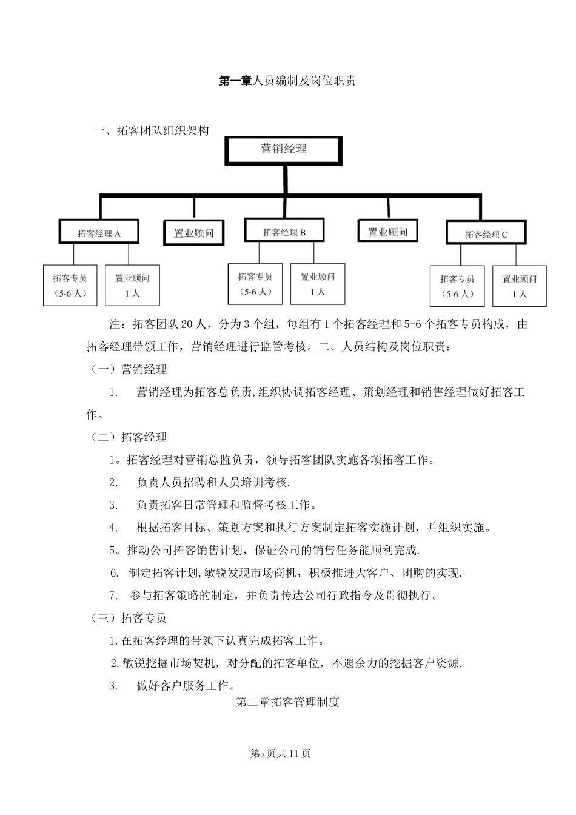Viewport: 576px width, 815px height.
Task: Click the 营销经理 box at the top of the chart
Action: point(284,150)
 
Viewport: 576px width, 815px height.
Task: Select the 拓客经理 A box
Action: point(99,232)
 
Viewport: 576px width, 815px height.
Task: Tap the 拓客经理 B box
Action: point(284,231)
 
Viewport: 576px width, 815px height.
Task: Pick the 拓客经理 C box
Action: point(486,233)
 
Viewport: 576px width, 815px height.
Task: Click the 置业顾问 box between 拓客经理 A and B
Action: point(193,233)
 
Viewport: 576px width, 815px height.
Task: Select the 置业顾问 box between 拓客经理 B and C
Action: point(387,232)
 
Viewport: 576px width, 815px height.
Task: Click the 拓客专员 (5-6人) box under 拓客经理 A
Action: point(70,285)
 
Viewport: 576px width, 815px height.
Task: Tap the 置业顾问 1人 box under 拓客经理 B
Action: point(318,284)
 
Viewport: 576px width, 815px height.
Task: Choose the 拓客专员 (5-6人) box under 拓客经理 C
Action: point(457,286)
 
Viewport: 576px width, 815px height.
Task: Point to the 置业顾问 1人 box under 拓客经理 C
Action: point(519,286)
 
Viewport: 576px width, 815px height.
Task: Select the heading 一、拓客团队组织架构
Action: point(151,130)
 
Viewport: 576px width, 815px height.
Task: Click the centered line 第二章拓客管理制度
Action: point(287,702)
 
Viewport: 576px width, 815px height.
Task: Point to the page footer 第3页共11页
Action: point(280,753)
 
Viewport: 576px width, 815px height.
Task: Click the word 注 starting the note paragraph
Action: point(113,324)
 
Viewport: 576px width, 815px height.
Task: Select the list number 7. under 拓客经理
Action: point(113,595)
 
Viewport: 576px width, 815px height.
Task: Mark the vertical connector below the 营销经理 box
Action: point(284,179)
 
